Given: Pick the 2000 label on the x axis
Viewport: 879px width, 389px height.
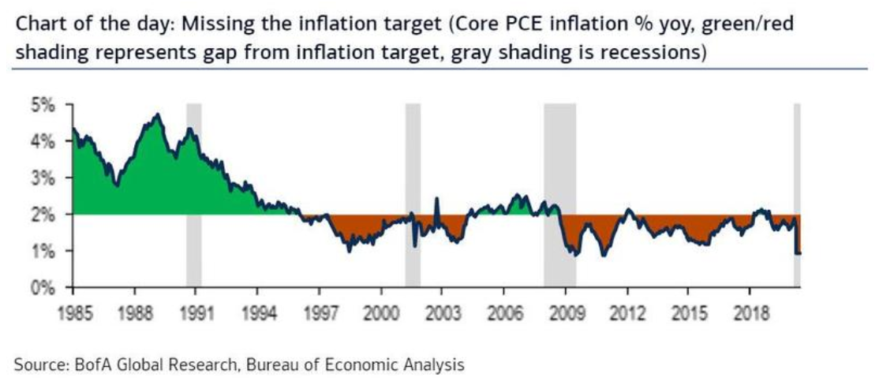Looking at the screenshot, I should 380,309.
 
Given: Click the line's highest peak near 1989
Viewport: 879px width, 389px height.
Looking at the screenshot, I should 157,115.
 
